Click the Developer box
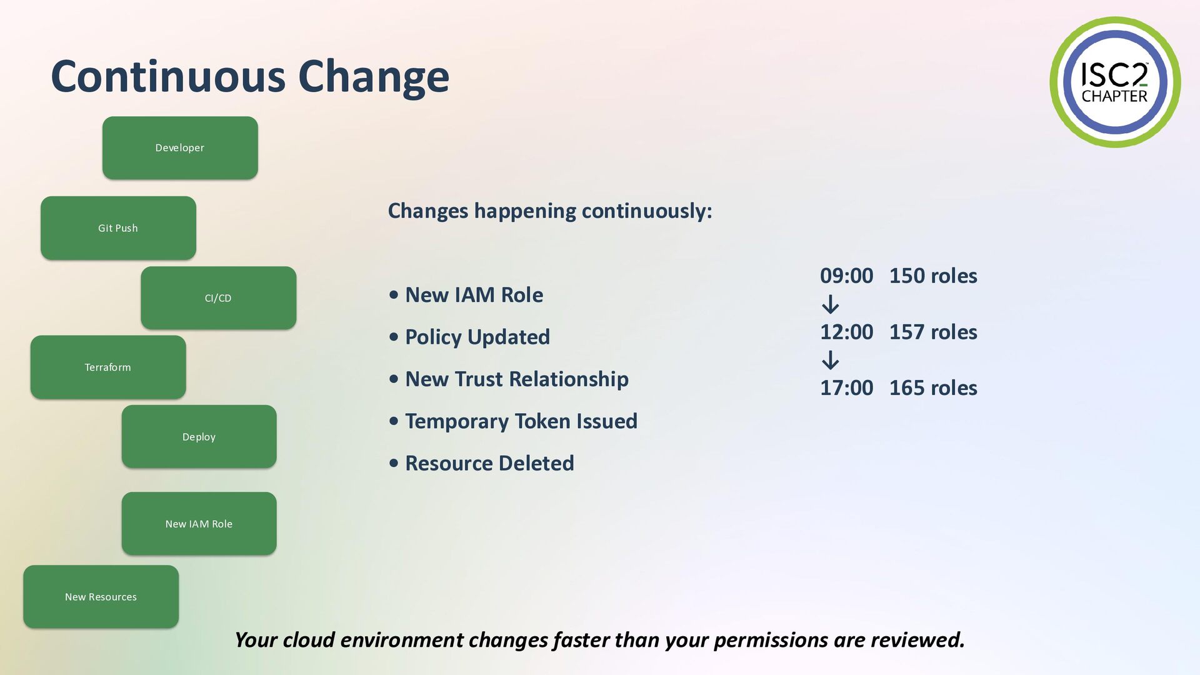coord(180,147)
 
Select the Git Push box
coord(118,228)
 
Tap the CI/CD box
coord(218,298)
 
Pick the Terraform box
coord(108,367)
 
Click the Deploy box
coord(199,437)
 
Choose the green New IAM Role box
coord(199,524)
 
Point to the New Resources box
coord(101,597)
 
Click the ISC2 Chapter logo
coord(1115,82)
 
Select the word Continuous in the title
coord(168,76)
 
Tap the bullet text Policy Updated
coord(477,337)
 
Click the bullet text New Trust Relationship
coord(517,379)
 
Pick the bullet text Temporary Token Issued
coord(521,421)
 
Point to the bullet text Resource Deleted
coord(489,463)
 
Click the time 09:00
coord(846,276)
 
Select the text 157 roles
coord(933,332)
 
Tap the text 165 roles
coord(933,388)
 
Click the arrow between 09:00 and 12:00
coord(831,304)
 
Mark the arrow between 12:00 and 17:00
coord(831,361)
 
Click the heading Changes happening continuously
coord(550,211)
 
